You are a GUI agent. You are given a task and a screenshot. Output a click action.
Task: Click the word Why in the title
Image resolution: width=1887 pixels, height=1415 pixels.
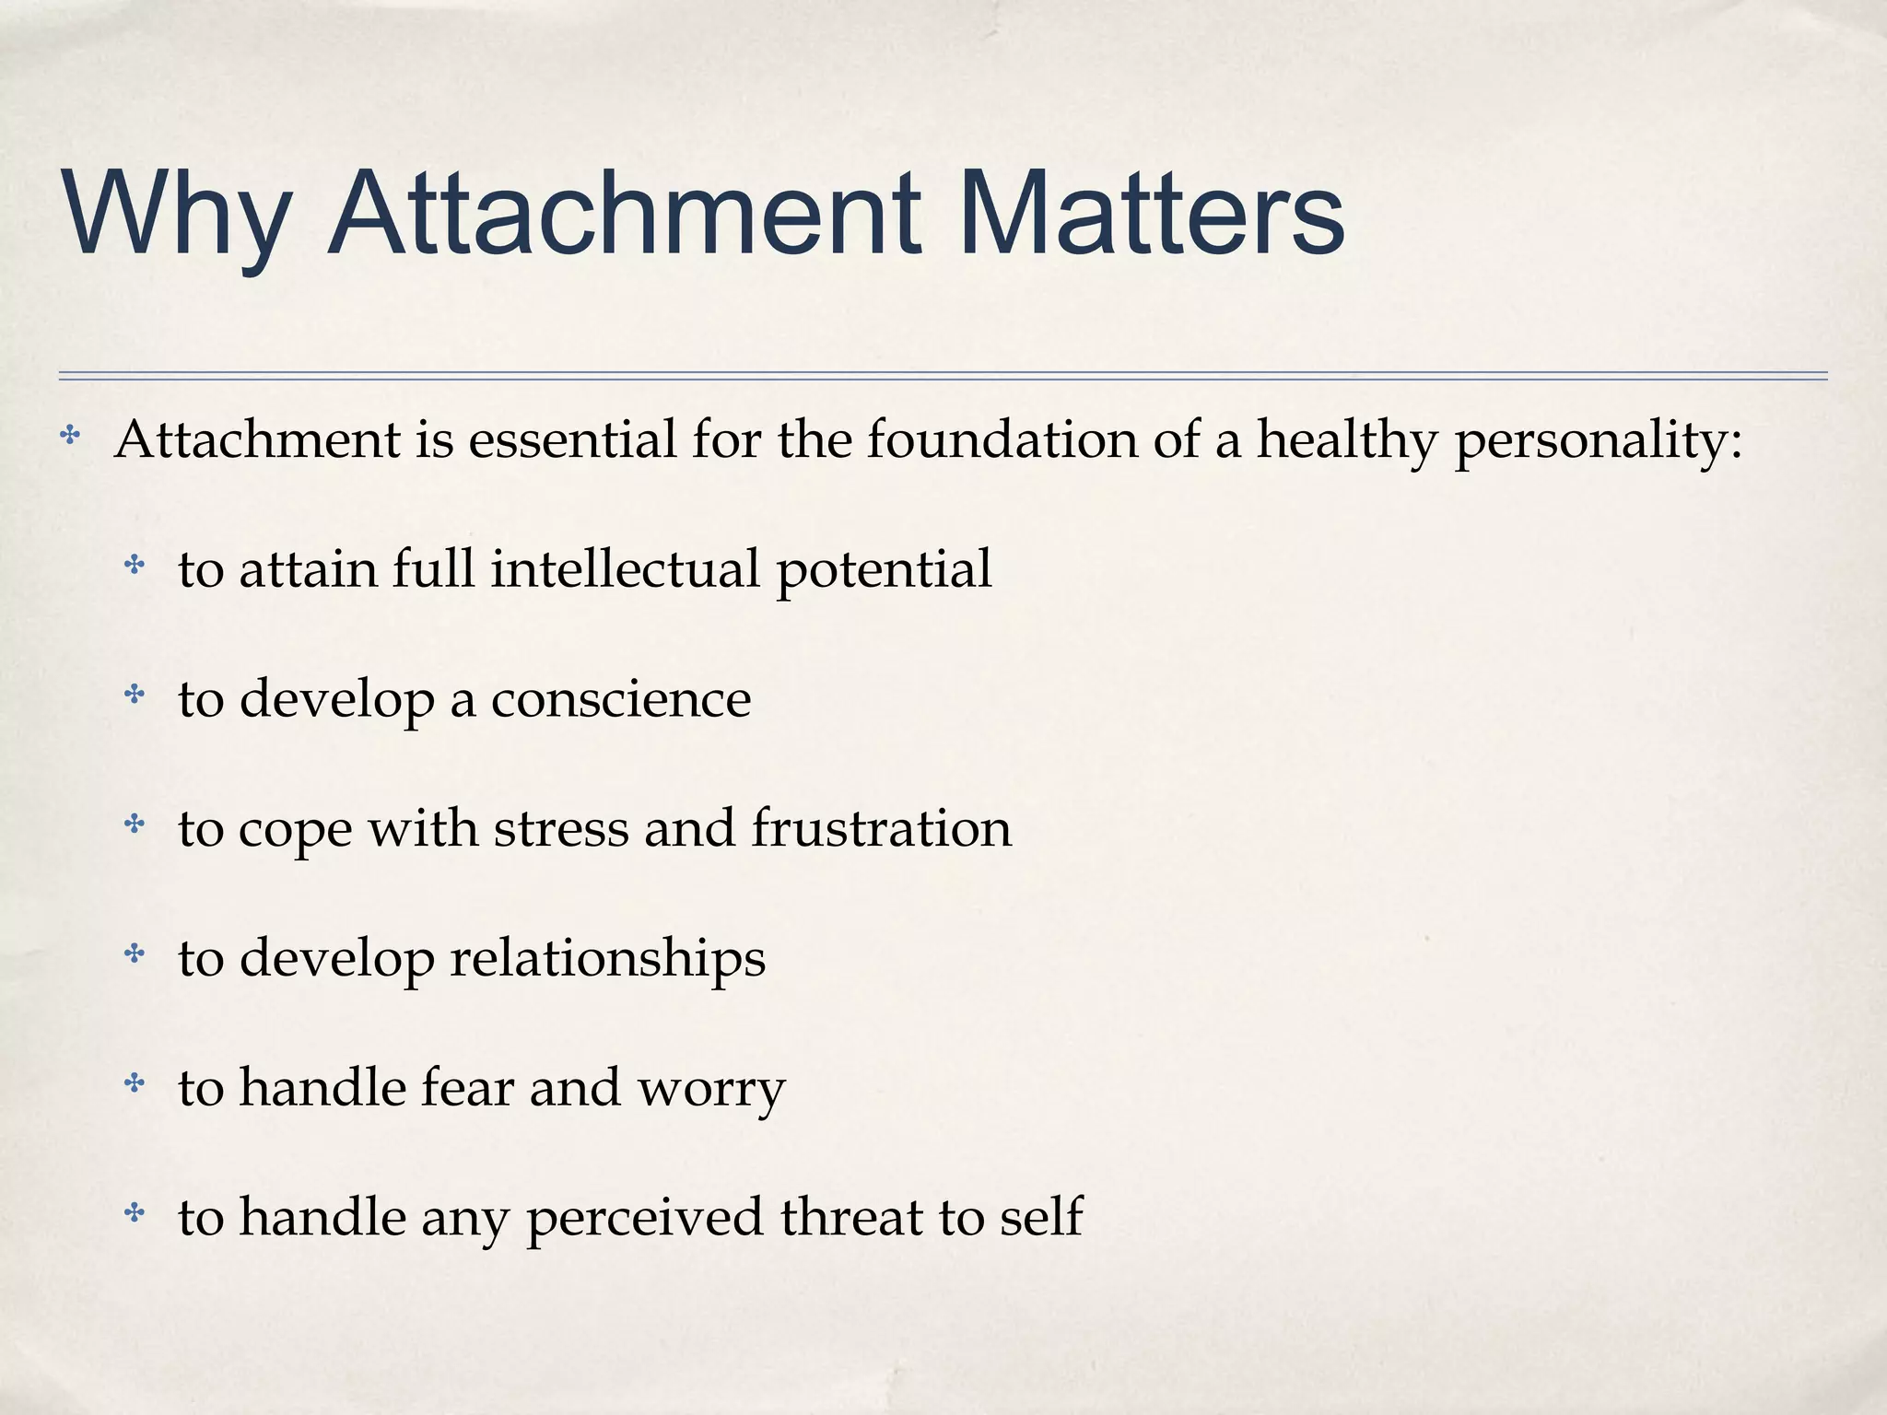(x=175, y=214)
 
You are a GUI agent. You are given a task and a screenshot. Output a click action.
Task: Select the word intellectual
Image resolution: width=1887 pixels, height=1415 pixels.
(x=626, y=568)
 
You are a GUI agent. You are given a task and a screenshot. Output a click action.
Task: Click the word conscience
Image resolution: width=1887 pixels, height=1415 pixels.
(x=621, y=699)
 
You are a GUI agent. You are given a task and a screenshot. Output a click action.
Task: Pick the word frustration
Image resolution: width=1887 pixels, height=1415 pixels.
(x=882, y=828)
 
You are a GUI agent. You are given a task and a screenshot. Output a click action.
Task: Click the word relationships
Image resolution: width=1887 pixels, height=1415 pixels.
(x=608, y=959)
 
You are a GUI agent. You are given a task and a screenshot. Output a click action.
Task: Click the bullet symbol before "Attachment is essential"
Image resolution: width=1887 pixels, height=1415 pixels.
(x=70, y=435)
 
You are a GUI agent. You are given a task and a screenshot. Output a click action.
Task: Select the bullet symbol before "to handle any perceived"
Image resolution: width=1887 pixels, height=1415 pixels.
(x=135, y=1212)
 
